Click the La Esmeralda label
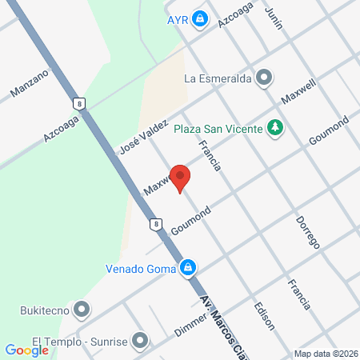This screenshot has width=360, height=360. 218,78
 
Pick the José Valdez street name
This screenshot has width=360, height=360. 143,137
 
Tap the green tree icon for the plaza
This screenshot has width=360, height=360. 275,127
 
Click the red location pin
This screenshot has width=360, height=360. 181,177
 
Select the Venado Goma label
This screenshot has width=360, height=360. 141,268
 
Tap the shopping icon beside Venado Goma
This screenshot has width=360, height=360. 187,267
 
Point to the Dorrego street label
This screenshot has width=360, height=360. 307,230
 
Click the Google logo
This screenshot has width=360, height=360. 26,350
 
